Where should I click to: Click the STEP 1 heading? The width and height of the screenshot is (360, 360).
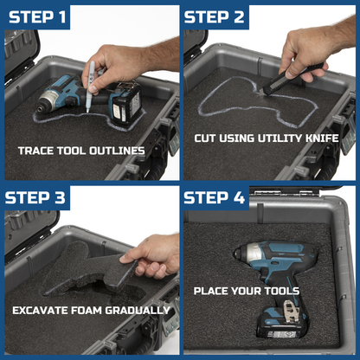coord(37,17)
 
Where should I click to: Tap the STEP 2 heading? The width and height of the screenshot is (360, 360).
coord(215,17)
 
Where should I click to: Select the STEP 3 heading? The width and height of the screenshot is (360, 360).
coord(35,198)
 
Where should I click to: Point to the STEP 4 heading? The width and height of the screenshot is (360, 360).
coord(215,198)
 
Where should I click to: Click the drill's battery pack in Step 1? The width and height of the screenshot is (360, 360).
coord(126,106)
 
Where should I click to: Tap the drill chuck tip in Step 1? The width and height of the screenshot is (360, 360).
coord(40,109)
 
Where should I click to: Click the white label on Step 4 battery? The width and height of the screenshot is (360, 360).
coord(281,334)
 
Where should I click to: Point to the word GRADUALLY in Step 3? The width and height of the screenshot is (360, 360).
coord(138,311)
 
